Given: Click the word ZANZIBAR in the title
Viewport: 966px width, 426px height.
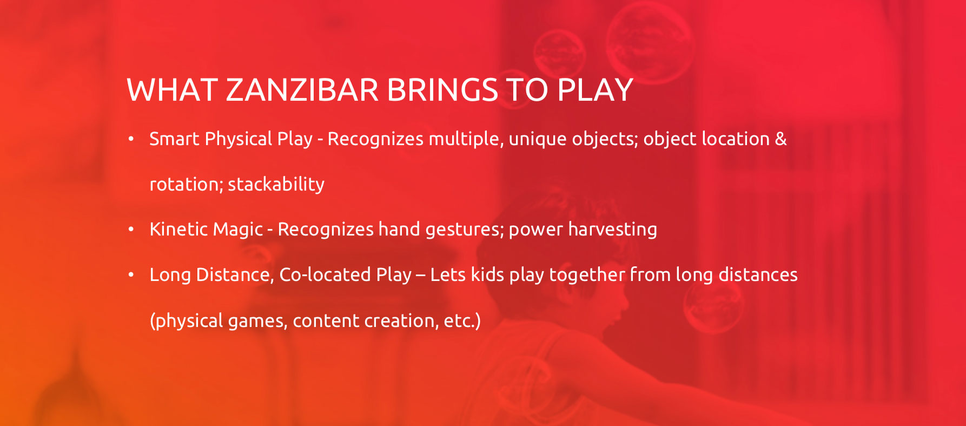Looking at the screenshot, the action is [x=302, y=90].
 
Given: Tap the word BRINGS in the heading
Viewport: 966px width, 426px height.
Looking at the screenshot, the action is [x=442, y=90].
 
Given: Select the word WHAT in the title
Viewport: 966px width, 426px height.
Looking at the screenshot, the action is [x=172, y=90].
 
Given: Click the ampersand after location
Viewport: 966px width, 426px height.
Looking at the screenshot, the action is [x=781, y=139].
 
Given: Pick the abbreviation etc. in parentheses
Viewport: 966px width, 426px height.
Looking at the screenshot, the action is [x=459, y=321].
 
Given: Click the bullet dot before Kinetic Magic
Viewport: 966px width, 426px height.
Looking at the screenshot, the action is [x=131, y=230].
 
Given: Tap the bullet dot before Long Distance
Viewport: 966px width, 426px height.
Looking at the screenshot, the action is [x=131, y=275].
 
